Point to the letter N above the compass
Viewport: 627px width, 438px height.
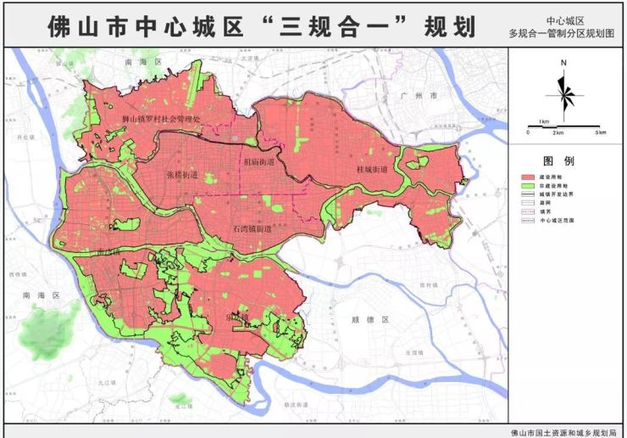[x=563, y=64]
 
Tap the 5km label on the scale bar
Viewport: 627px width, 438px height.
[x=600, y=133]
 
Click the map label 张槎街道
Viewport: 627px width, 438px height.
[x=182, y=175]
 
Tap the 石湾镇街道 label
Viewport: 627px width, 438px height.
[x=250, y=229]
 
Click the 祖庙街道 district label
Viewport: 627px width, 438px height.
[x=258, y=160]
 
